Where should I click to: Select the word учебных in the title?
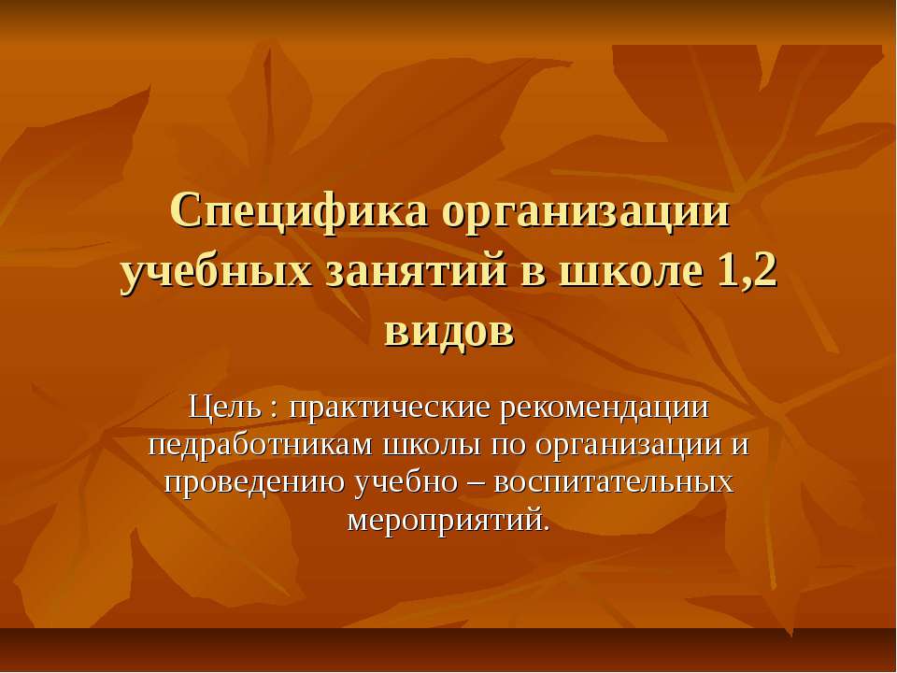pos(216,272)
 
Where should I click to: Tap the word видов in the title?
pos(448,332)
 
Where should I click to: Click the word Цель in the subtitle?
pos(221,408)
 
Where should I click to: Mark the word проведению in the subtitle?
pos(253,481)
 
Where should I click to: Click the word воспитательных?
pos(613,481)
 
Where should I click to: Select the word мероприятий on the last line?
pos(448,519)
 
